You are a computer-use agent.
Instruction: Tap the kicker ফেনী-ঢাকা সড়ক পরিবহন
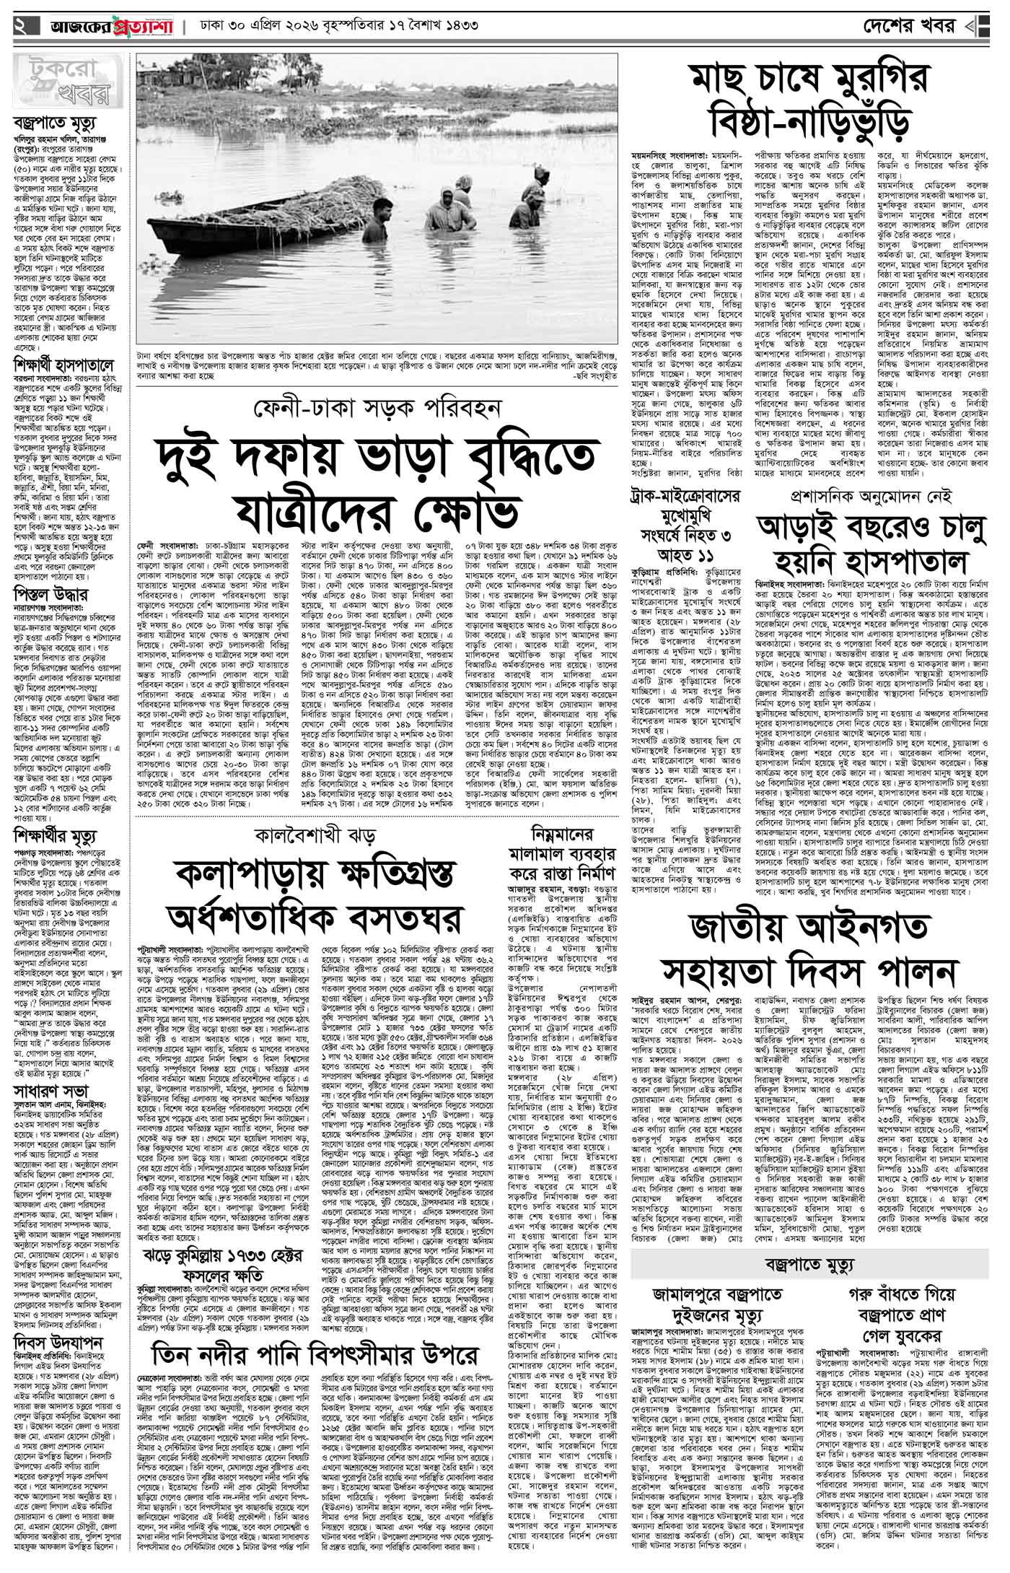(x=376, y=410)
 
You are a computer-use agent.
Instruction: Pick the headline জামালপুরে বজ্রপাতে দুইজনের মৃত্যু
(x=721, y=1302)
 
